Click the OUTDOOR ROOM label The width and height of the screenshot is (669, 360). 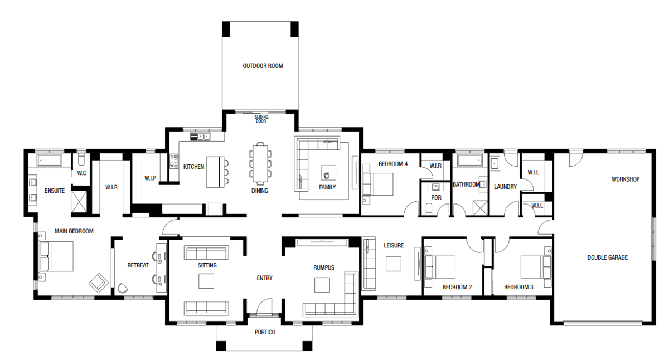click(x=263, y=66)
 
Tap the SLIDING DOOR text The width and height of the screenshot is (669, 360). click(x=261, y=119)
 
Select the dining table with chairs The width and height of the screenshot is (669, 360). click(x=260, y=163)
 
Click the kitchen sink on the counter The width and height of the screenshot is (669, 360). click(x=199, y=136)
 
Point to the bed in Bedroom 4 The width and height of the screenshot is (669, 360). click(x=379, y=184)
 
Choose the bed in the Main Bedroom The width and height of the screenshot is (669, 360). click(x=56, y=256)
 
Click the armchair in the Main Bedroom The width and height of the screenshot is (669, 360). click(x=98, y=282)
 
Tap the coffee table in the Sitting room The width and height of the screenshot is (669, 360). click(x=206, y=282)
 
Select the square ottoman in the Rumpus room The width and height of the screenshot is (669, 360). click(x=322, y=285)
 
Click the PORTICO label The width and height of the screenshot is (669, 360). click(x=265, y=332)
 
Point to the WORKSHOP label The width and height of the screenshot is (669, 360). click(x=625, y=179)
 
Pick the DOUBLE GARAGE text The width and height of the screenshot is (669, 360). click(x=607, y=257)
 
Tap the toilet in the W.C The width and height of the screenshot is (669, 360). click(x=81, y=161)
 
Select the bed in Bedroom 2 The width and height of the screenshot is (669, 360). click(x=440, y=267)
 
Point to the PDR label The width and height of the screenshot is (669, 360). click(x=436, y=197)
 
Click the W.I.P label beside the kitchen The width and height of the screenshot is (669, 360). click(x=149, y=178)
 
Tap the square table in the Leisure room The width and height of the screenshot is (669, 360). click(x=393, y=263)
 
